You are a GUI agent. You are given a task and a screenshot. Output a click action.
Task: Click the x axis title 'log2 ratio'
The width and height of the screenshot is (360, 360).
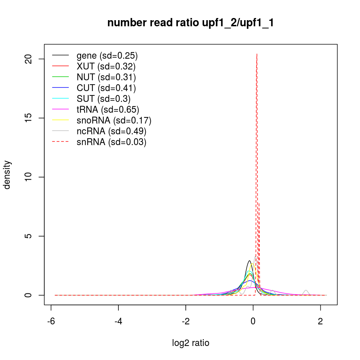(191, 343)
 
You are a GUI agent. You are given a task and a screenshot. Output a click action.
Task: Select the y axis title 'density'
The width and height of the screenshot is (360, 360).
(7, 175)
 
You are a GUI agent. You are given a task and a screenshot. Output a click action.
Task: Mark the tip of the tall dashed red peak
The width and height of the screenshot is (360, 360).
(257, 54)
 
